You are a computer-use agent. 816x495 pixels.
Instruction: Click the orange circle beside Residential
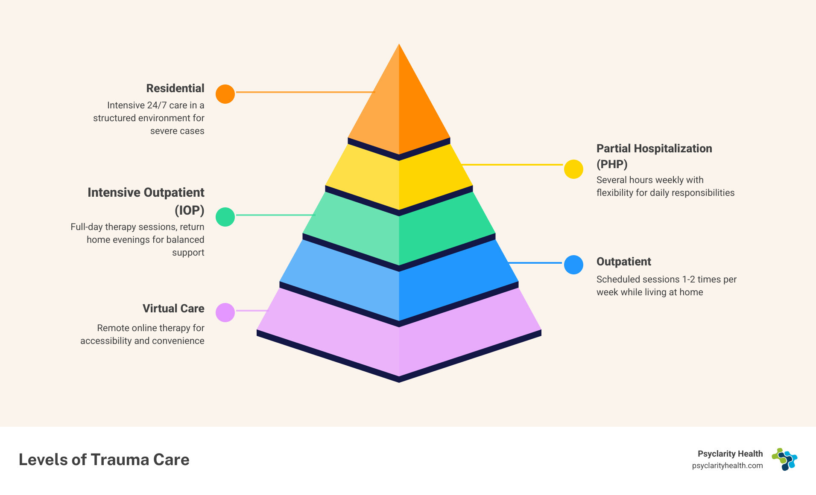coord(225,94)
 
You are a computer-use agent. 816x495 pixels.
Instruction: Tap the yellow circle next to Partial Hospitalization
coord(573,169)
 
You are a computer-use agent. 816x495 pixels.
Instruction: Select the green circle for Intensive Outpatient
coord(225,217)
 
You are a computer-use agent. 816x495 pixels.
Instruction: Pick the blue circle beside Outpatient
coord(573,265)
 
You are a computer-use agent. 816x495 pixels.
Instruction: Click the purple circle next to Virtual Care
coord(225,312)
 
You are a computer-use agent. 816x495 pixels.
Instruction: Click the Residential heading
coord(175,88)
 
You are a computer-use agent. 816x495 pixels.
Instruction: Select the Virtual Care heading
coord(173,309)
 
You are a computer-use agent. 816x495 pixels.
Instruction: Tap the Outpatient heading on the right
coord(623,262)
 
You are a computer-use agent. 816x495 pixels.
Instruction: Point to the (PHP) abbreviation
coord(612,164)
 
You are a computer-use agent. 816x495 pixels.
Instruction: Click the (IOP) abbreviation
coord(189,210)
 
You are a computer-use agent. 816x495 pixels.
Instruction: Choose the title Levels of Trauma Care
coord(104,460)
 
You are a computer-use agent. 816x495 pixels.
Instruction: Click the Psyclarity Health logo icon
coord(784,459)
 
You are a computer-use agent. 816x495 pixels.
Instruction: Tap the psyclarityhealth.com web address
coord(727,466)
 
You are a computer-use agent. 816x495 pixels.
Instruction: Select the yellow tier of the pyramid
coord(399,179)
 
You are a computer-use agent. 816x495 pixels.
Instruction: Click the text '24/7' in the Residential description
coord(157,105)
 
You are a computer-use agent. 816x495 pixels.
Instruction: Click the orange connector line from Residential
coord(305,92)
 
